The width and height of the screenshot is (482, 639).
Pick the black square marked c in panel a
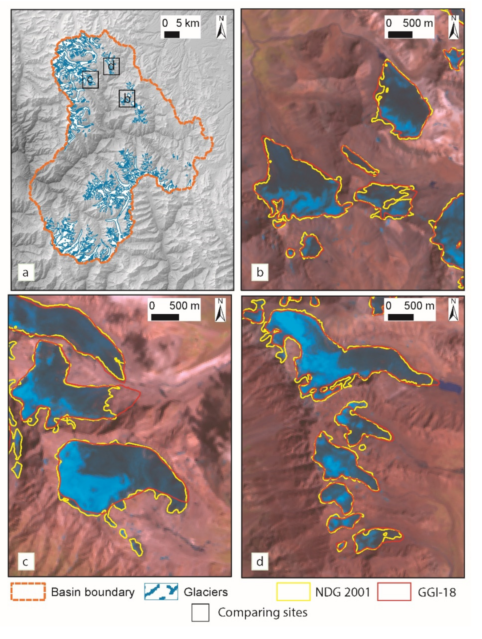90,80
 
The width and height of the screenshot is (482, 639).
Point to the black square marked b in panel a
127,98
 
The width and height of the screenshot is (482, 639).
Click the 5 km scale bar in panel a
172,34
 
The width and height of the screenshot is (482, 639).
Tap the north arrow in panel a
221,27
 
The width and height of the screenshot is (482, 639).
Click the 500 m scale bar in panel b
400,34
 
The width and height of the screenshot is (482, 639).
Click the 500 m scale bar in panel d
401,317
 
